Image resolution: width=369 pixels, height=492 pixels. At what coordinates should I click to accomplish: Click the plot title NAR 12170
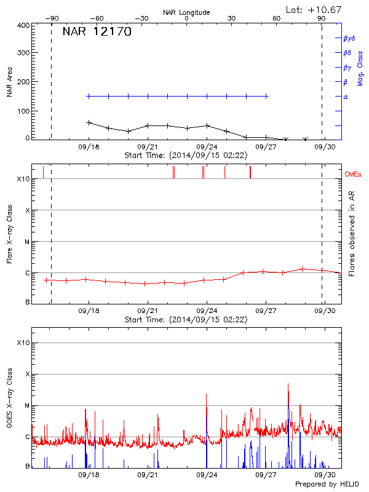(x=97, y=32)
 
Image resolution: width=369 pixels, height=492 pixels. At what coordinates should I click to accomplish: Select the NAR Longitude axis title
(x=186, y=12)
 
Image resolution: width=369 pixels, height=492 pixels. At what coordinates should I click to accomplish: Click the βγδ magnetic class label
(x=349, y=38)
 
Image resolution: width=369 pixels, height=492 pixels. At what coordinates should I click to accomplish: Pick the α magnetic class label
(x=345, y=97)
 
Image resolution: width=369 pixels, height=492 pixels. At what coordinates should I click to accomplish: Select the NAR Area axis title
(x=9, y=82)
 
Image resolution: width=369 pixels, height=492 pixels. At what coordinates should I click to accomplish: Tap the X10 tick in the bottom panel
(x=23, y=343)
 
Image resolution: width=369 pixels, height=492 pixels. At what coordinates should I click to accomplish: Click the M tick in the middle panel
(x=27, y=242)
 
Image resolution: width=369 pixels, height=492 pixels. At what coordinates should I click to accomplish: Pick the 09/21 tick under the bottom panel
(x=148, y=475)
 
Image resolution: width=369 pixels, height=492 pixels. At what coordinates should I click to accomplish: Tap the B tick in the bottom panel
(x=27, y=467)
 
